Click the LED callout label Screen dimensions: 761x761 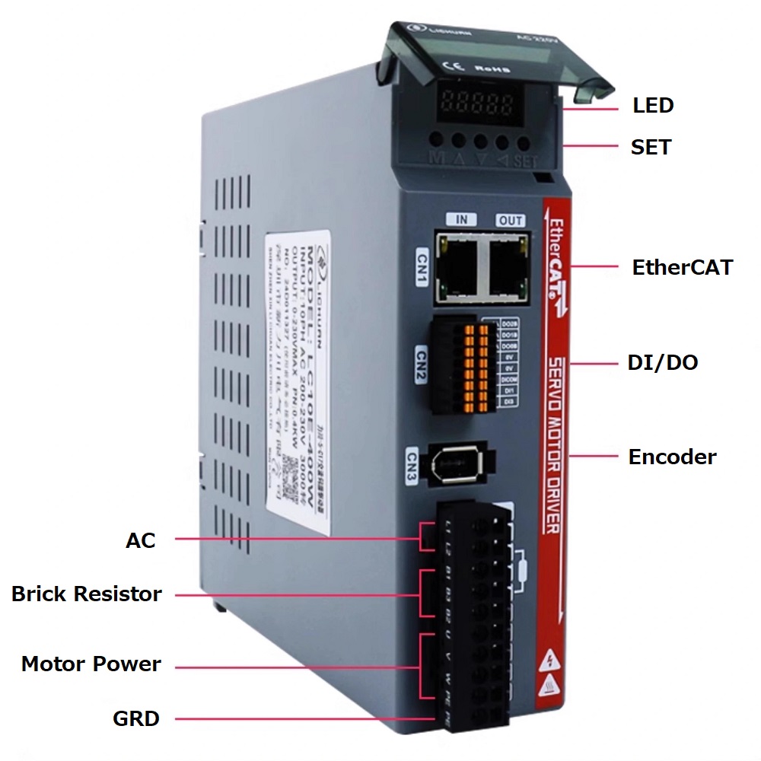(x=653, y=105)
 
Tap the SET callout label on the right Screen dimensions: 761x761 (x=651, y=147)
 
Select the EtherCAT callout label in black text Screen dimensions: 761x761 (x=682, y=267)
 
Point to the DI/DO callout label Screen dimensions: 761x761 (x=662, y=362)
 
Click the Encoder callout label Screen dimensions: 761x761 (x=672, y=457)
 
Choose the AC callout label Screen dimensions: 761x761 (x=140, y=540)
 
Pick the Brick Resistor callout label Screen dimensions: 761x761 (x=87, y=594)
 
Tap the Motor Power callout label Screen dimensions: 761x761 (x=91, y=664)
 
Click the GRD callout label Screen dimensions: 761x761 (x=136, y=718)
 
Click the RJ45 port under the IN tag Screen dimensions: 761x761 (x=460, y=264)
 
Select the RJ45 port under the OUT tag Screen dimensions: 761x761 (x=508, y=264)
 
